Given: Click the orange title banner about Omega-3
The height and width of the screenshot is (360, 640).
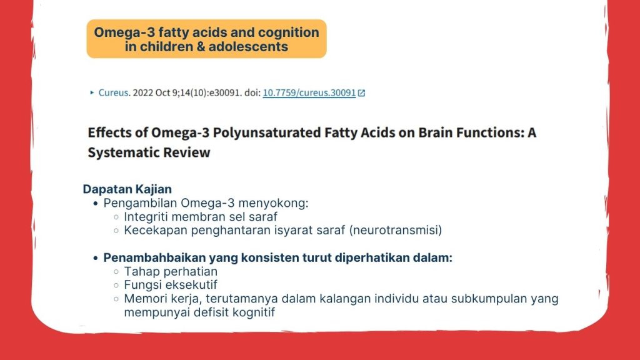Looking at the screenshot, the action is click(x=206, y=39).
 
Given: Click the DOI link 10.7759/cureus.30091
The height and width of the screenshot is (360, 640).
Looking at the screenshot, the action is click(x=309, y=92).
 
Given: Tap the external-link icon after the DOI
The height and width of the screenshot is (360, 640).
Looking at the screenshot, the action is click(x=361, y=93).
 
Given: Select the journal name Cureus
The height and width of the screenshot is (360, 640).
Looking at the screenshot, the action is click(x=114, y=92).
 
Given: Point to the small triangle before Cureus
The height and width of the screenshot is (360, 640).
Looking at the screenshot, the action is click(x=92, y=92).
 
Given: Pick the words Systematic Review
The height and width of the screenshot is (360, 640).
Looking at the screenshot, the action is click(x=149, y=152).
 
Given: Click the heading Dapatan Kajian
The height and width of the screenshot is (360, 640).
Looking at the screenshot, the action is click(x=127, y=189).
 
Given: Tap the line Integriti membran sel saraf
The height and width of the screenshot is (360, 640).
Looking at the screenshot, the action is click(x=201, y=217).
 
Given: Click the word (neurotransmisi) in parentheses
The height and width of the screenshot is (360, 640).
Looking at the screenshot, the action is click(x=396, y=230).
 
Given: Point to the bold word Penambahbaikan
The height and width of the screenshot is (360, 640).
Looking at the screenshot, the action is click(x=154, y=257).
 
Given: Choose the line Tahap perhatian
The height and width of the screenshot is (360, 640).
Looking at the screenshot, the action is click(x=171, y=271).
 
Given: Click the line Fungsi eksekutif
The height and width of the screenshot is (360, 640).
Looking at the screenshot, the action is click(x=171, y=285).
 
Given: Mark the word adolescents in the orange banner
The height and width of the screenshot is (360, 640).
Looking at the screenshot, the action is click(x=248, y=46).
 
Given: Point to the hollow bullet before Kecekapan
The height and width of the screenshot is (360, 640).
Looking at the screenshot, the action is click(x=116, y=231).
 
